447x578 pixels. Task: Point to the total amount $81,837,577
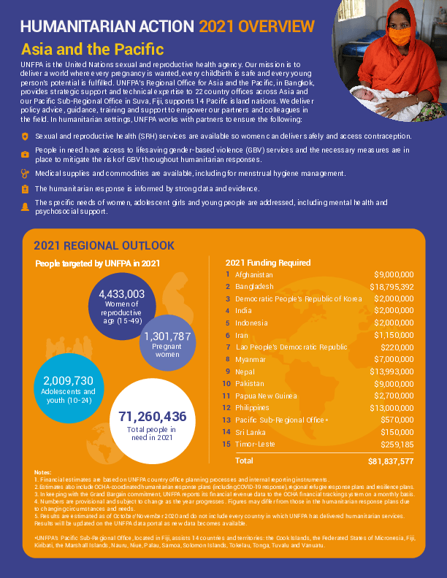pos(391,461)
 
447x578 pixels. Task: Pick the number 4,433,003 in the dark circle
pos(122,294)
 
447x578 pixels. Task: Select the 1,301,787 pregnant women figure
pos(167,336)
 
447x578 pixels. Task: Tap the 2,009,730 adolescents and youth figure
pos(69,381)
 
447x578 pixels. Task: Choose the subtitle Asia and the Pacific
pos(92,50)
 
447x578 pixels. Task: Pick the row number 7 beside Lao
pos(229,347)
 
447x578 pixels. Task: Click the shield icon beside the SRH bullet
pos(26,136)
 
